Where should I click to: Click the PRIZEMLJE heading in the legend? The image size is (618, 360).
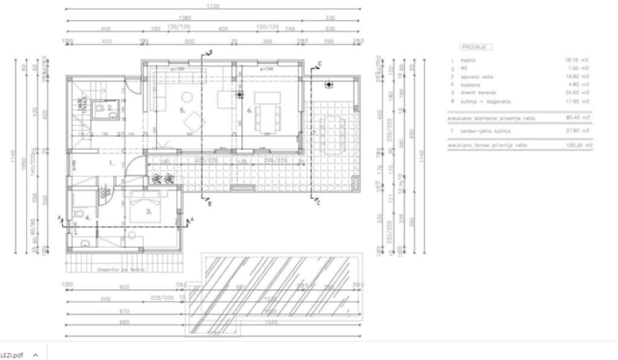click(474, 46)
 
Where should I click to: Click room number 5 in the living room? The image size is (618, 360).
click(181, 111)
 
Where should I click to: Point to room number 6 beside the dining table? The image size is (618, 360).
click(250, 111)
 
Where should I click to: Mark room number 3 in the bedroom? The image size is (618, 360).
click(150, 211)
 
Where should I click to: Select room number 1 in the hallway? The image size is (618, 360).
click(110, 163)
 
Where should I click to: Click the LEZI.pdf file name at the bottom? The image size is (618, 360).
click(12, 354)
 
